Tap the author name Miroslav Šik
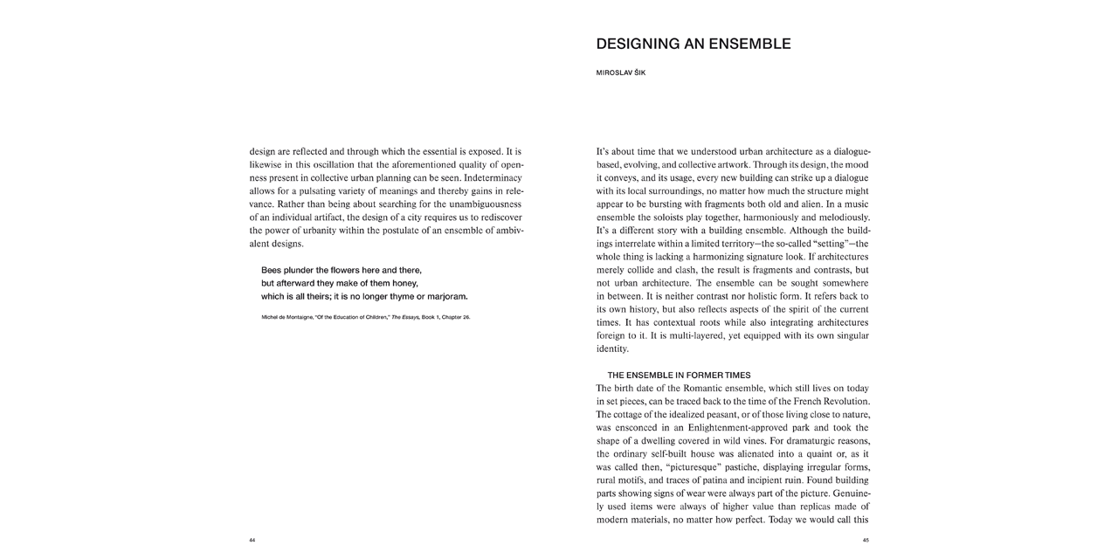pyautogui.click(x=620, y=72)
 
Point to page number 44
pyautogui.click(x=252, y=540)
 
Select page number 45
pyautogui.click(x=866, y=540)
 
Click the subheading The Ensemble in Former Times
pyautogui.click(x=679, y=375)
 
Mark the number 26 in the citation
pyautogui.click(x=466, y=317)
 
